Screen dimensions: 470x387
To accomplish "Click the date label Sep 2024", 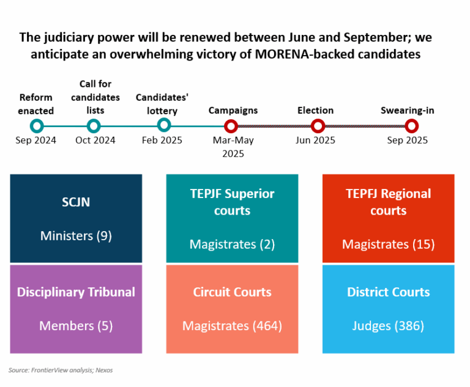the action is (35, 140).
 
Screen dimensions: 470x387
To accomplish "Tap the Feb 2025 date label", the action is (162, 140).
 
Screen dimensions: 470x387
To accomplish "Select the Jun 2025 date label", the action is (315, 140).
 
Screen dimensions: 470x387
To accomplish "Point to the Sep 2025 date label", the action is (408, 140).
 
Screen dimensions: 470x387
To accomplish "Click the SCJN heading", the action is (76, 202).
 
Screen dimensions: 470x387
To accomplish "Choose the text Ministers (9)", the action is (76, 236).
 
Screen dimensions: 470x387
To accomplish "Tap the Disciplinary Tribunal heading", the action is (76, 292).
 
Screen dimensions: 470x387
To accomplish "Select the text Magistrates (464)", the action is (233, 326).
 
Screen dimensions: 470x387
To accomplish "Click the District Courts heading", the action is (389, 292).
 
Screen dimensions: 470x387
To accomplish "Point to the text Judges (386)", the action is (388, 326).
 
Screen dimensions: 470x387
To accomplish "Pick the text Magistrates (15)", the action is (389, 245).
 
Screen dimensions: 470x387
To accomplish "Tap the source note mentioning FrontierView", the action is (61, 370).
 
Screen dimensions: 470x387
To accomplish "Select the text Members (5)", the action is (76, 326).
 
